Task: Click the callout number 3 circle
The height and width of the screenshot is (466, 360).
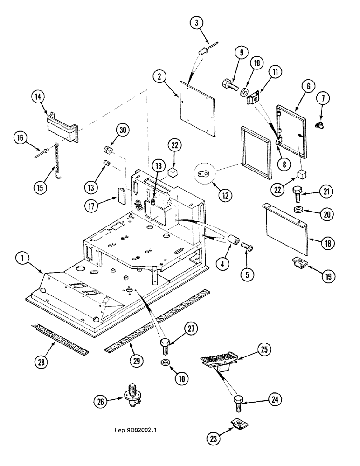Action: click(197, 22)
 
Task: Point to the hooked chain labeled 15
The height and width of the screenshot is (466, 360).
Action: click(58, 158)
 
